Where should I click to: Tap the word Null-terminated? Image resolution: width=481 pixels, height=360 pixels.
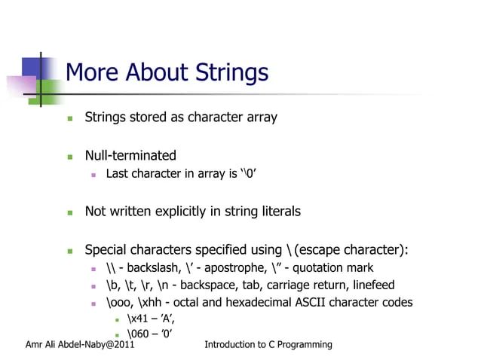(x=130, y=156)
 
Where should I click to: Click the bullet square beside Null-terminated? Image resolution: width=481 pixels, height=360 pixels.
(x=69, y=157)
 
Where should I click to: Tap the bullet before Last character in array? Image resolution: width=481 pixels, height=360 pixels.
(x=91, y=175)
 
